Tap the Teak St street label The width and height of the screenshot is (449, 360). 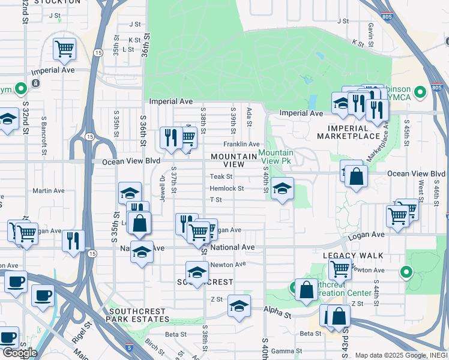tap(221, 176)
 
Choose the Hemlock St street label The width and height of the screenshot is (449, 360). tap(226, 188)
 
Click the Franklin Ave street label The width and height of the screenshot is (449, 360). tap(241, 144)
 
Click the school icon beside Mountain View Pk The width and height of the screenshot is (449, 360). tap(282, 189)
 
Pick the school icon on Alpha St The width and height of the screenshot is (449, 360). tap(239, 307)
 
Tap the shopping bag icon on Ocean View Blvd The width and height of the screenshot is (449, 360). tap(356, 177)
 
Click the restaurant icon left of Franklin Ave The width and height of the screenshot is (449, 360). tap(170, 137)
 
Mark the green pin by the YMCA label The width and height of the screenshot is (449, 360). tap(420, 92)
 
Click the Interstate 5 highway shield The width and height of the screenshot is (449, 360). tap(130, 347)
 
